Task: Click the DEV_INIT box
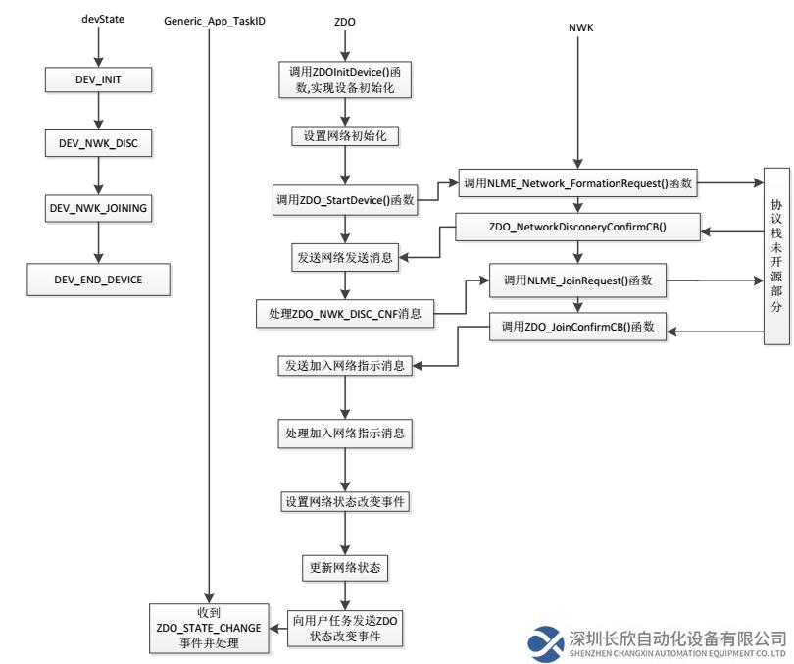coord(98,79)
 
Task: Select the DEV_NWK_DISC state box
coord(98,143)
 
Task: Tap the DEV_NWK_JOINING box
coord(98,208)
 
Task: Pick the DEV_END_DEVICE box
coord(98,280)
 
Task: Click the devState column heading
coord(103,19)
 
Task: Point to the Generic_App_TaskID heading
coord(215,22)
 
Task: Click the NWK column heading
coord(580,27)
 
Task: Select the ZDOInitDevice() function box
coord(345,79)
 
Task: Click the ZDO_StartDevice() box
coord(345,200)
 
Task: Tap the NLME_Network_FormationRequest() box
coord(577,183)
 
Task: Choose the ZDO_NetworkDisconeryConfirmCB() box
coord(577,227)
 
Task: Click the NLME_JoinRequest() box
coord(577,281)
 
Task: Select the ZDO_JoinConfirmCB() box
coord(577,327)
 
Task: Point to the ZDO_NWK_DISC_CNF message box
coord(345,314)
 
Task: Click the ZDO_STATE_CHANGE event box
coord(209,628)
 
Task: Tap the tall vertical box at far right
coord(776,256)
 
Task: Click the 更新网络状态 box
coord(345,567)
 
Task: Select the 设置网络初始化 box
coord(345,135)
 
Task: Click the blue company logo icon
coord(545,643)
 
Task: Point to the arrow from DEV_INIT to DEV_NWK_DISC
coord(98,111)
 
